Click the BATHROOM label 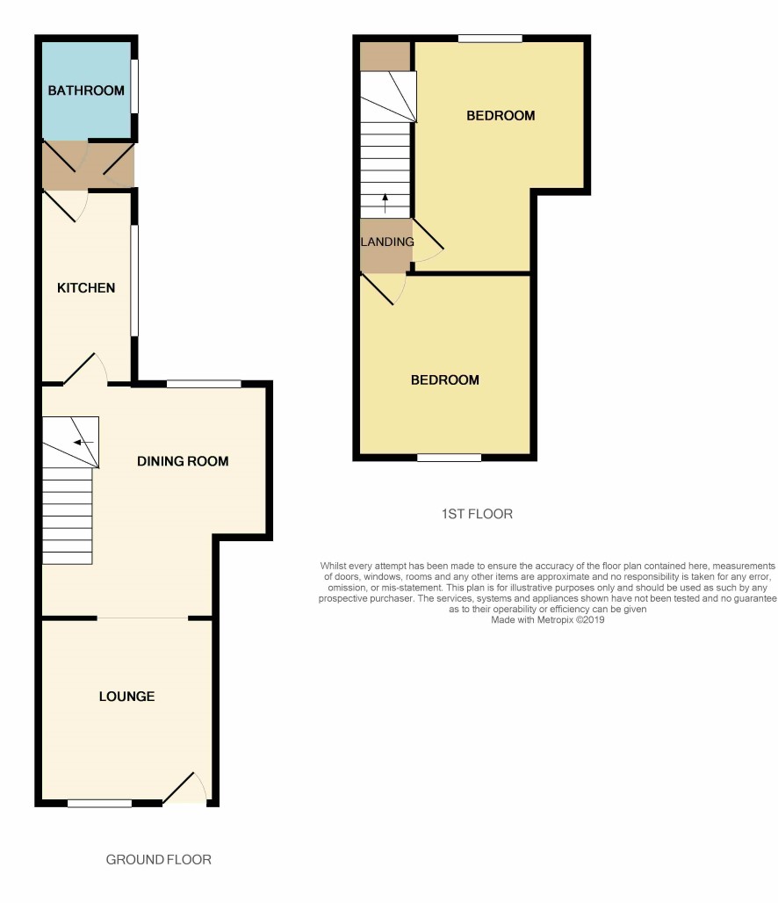(86, 90)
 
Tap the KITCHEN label (86, 288)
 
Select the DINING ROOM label (183, 461)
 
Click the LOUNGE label (126, 697)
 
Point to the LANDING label (387, 242)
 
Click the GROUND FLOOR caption (158, 860)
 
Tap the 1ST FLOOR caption (477, 514)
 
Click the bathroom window (134, 87)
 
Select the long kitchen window (134, 280)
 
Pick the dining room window (204, 384)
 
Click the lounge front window (99, 804)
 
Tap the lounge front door (185, 788)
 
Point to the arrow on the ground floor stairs (83, 443)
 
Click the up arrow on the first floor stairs (385, 203)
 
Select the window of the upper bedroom (490, 39)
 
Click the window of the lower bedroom (450, 458)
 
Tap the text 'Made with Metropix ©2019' (548, 620)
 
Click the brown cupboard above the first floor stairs (385, 56)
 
